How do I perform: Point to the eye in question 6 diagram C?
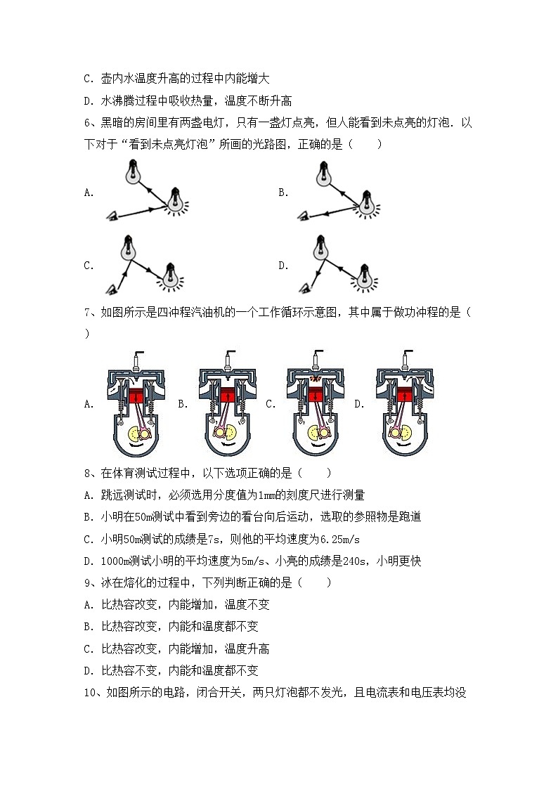point(111,288)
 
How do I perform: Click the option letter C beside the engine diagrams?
point(270,404)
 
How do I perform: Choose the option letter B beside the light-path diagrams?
point(283,193)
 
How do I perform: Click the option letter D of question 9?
point(89,670)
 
